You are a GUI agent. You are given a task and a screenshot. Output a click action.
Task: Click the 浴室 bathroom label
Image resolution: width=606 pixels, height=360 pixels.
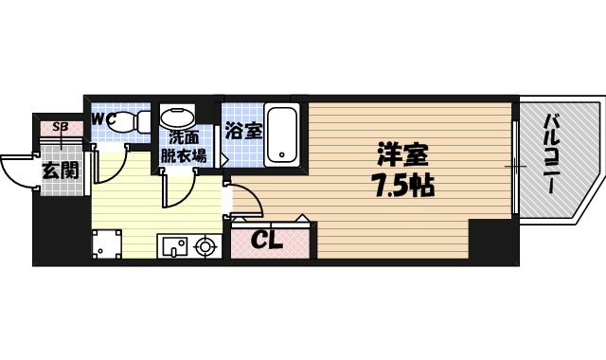coord(243,131)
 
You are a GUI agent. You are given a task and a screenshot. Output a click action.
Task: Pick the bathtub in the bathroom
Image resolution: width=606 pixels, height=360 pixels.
coord(283,133)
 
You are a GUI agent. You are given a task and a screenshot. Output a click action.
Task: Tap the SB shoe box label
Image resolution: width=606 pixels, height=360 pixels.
coord(60,126)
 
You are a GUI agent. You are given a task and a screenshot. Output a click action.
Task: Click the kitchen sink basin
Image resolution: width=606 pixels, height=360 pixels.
coord(174,247)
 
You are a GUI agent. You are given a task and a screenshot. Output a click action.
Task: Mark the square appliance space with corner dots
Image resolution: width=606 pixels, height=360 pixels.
coord(109,243)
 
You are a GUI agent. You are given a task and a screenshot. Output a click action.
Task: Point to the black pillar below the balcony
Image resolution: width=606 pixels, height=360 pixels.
coord(493,241)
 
